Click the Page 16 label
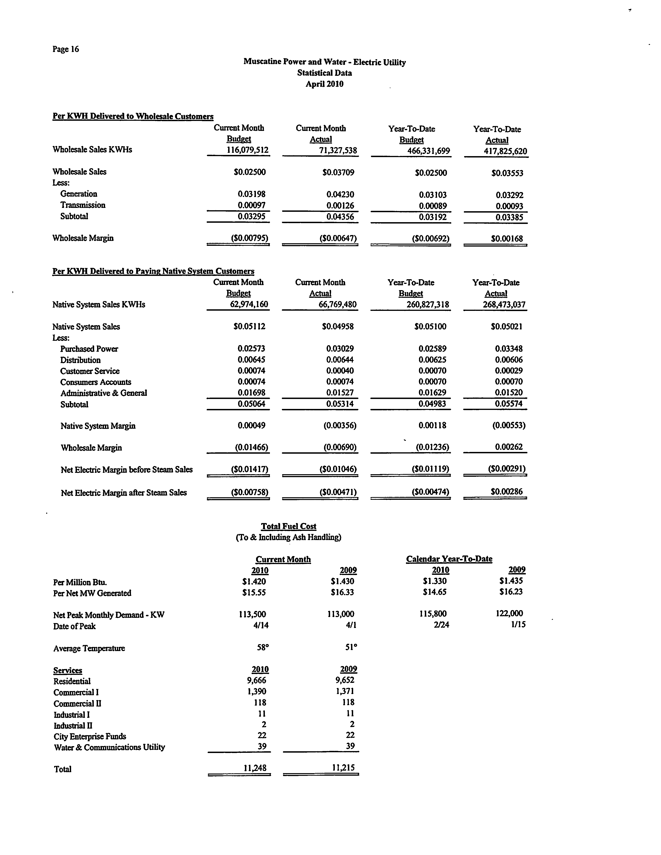point(66,49)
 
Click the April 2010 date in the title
point(324,84)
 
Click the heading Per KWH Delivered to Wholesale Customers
point(133,116)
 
